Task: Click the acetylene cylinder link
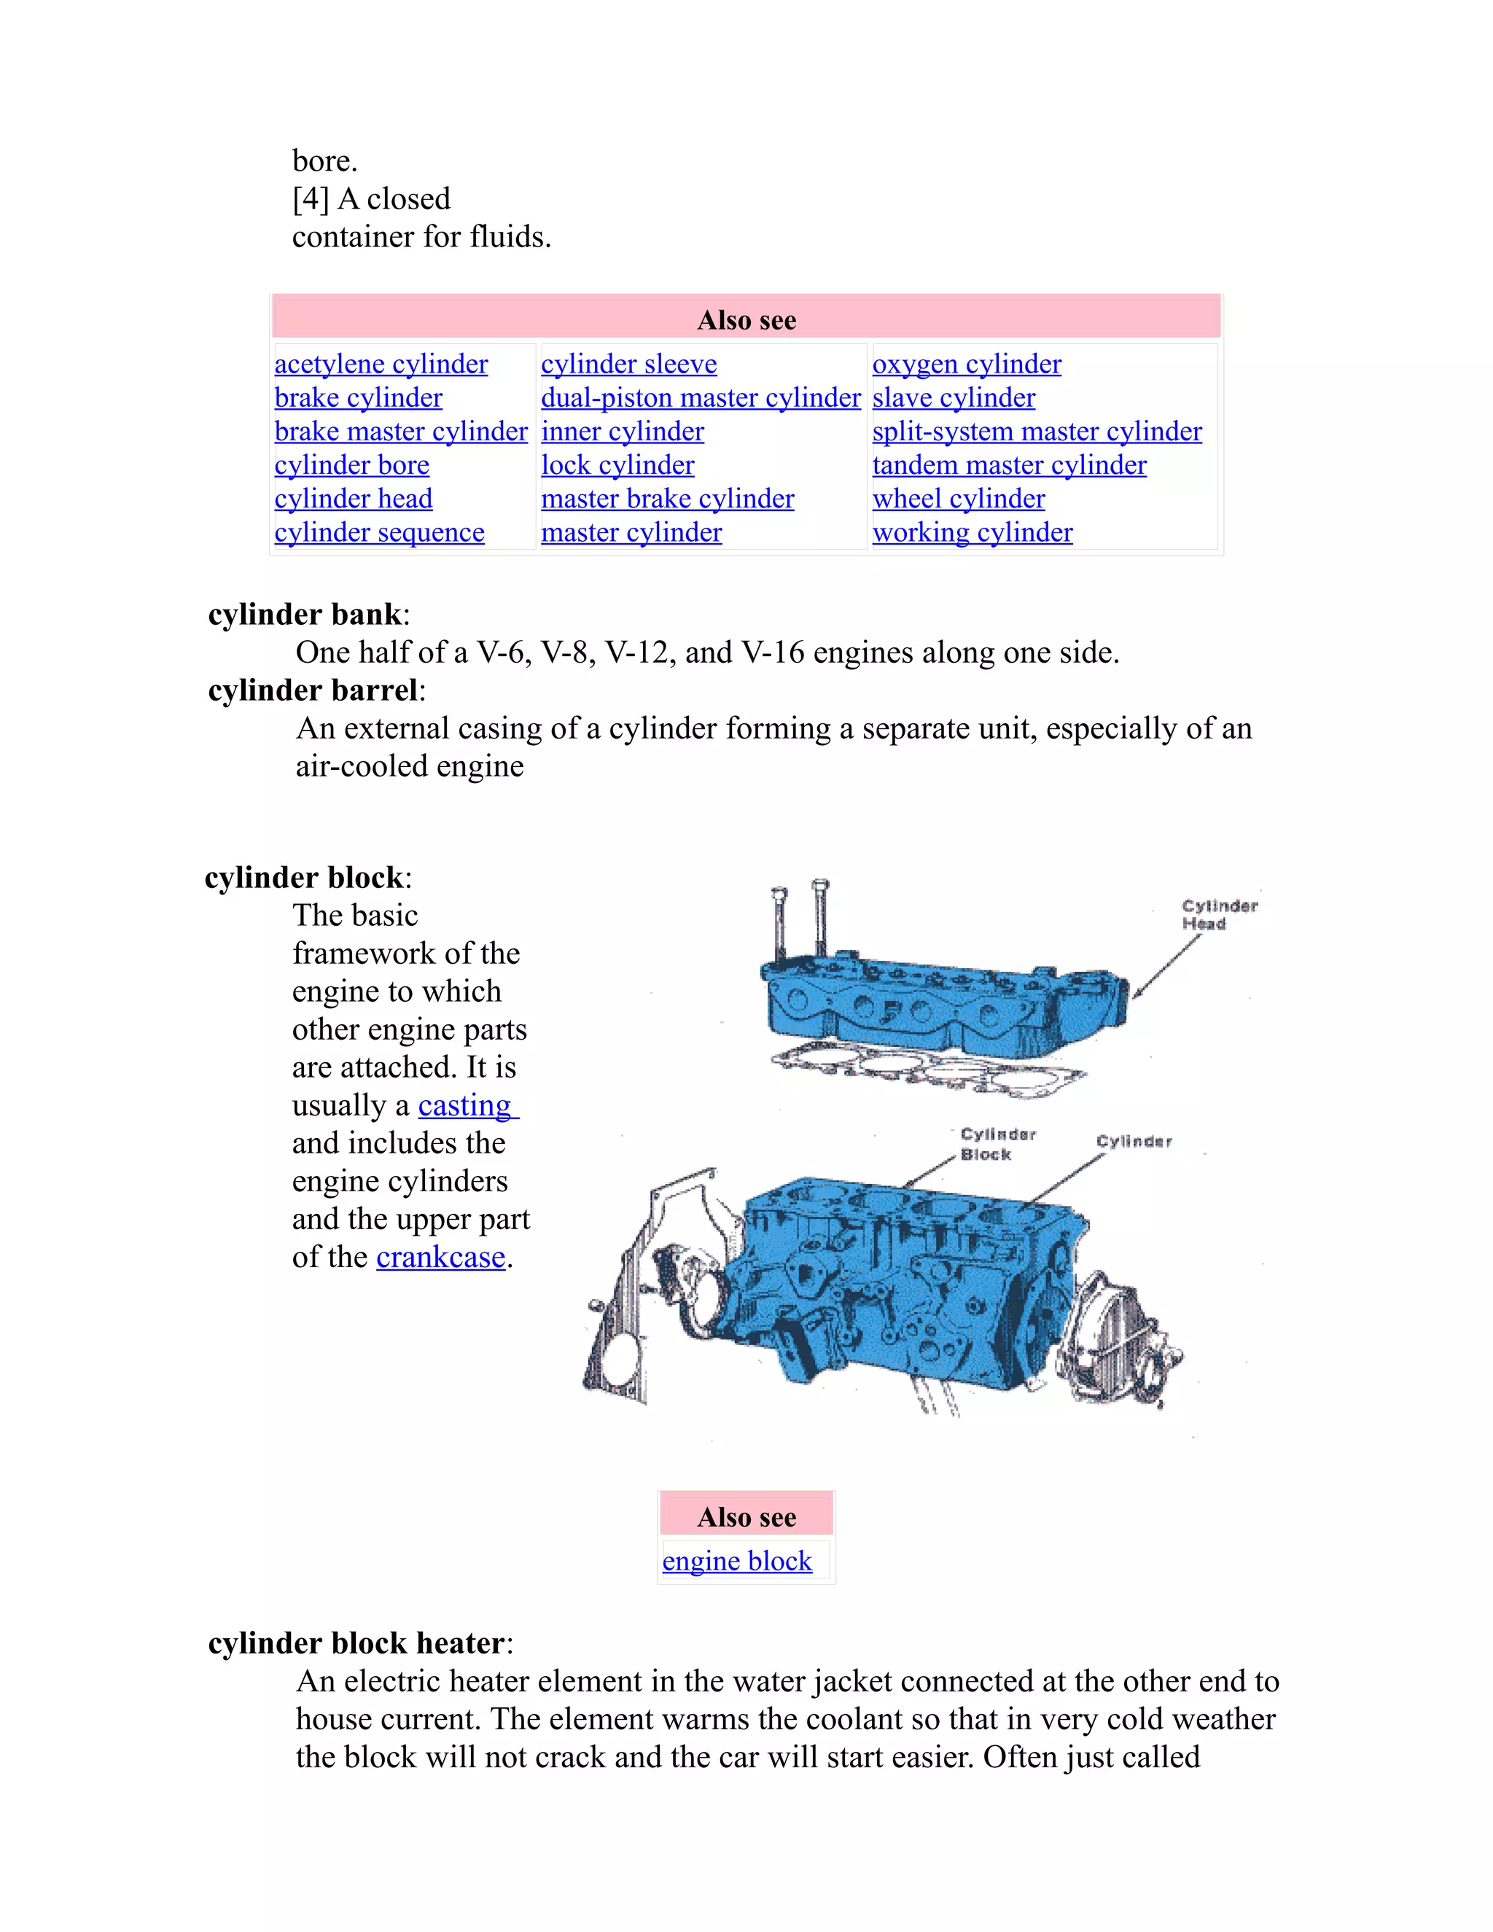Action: coord(381,364)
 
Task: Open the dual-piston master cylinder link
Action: coord(700,397)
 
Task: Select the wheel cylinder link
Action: coord(958,498)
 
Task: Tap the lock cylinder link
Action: coord(617,464)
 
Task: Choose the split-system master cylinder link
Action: coord(1037,431)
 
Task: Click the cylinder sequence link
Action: coord(378,531)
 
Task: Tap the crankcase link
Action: coord(440,1256)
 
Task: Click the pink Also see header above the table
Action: coord(746,319)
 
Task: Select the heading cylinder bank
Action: coord(304,614)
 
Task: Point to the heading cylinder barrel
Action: coord(312,690)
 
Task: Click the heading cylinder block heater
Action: coord(356,1643)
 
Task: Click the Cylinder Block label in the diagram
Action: coord(996,1144)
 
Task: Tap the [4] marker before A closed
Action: coord(311,198)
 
